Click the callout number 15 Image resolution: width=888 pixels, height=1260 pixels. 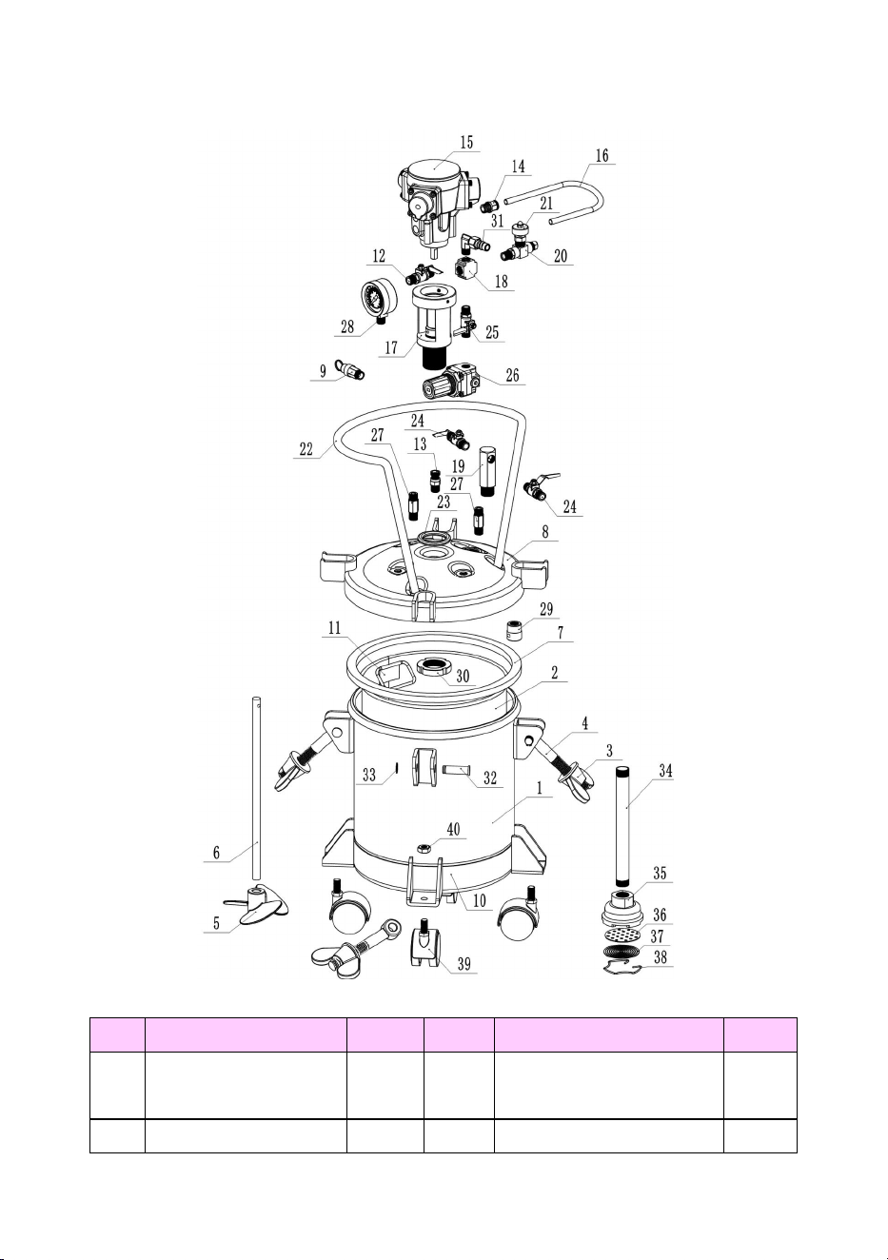tap(466, 143)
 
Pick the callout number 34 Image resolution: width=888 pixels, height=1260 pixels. tap(665, 771)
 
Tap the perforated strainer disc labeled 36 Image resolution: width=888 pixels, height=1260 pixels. tap(622, 935)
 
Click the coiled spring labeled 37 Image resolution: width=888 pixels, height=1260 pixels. tap(622, 952)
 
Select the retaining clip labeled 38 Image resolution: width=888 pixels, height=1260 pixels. tap(622, 968)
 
